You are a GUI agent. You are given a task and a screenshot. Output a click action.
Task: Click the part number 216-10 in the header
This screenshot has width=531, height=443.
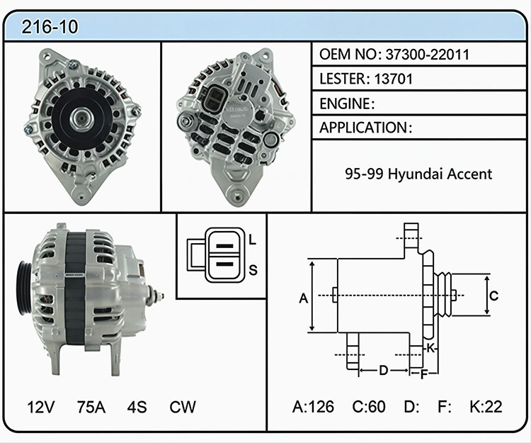coord(50,27)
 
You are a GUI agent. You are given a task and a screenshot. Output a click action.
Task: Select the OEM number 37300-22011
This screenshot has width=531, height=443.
coord(428,55)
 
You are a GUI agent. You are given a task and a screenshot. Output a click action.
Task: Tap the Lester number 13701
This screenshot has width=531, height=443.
coord(394,79)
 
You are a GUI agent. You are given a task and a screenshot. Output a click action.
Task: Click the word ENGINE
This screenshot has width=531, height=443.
coord(345,103)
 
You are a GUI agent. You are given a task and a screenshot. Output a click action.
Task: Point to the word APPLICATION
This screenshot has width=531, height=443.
coord(363,128)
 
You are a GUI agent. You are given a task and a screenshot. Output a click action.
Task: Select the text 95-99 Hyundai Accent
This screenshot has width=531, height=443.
coord(418,174)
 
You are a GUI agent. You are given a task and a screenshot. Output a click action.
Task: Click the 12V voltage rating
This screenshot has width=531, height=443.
coord(40,407)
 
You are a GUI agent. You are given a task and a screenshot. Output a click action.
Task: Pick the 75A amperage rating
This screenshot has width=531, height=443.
coord(91,407)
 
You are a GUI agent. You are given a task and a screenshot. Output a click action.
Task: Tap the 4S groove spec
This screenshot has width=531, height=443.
coord(137,407)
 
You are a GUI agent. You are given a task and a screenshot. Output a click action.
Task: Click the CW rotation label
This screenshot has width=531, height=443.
coord(183,407)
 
